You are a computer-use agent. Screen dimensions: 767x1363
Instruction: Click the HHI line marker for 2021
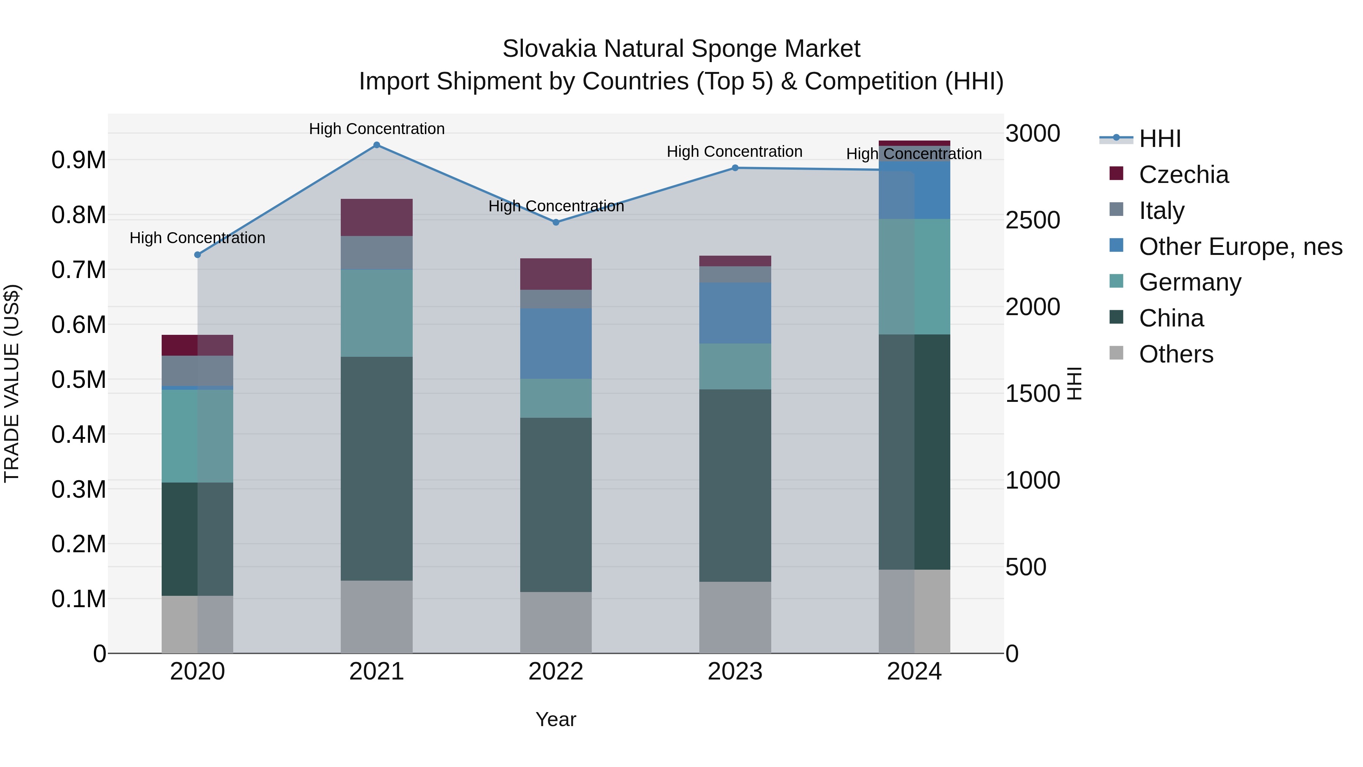(x=377, y=145)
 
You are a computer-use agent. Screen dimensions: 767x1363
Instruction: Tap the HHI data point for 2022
(x=555, y=222)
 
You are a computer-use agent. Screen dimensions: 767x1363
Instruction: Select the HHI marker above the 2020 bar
(x=197, y=255)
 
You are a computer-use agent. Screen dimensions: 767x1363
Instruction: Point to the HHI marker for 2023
(x=735, y=168)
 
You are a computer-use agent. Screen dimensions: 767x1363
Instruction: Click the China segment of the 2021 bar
(x=377, y=469)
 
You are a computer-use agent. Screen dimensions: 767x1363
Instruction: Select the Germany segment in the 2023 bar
(x=735, y=366)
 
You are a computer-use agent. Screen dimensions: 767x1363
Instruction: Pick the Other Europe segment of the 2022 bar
(x=555, y=344)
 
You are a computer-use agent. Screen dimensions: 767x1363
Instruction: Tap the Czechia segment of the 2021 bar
(x=377, y=217)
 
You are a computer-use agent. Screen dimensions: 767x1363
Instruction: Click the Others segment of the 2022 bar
(x=555, y=622)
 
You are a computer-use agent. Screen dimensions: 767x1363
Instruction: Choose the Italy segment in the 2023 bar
(x=735, y=274)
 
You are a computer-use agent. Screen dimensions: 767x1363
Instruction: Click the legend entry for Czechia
(x=1183, y=175)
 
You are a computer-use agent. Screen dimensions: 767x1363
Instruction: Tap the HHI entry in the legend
(x=1159, y=139)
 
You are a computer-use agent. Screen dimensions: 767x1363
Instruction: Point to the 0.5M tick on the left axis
(x=78, y=380)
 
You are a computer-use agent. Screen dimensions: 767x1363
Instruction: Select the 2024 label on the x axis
(x=914, y=672)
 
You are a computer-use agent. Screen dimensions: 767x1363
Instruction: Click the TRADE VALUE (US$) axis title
(x=12, y=383)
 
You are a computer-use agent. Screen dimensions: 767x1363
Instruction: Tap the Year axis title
(x=555, y=719)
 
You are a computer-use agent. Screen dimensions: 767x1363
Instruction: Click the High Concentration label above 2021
(x=377, y=129)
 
